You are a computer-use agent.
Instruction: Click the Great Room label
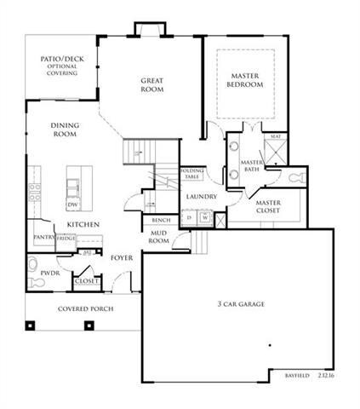[151, 85]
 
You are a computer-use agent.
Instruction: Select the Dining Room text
[64, 130]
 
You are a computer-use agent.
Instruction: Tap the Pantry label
[43, 238]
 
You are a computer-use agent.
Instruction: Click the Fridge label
[66, 238]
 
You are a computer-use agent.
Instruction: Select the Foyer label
[122, 256]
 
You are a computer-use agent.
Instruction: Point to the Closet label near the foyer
[86, 279]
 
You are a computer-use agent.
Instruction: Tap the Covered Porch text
[85, 308]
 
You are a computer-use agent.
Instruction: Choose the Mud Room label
[158, 237]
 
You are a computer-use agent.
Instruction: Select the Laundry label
[201, 197]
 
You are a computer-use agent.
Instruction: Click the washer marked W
[205, 217]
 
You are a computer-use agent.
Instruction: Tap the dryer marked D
[189, 217]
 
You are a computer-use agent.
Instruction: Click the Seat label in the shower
[275, 136]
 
